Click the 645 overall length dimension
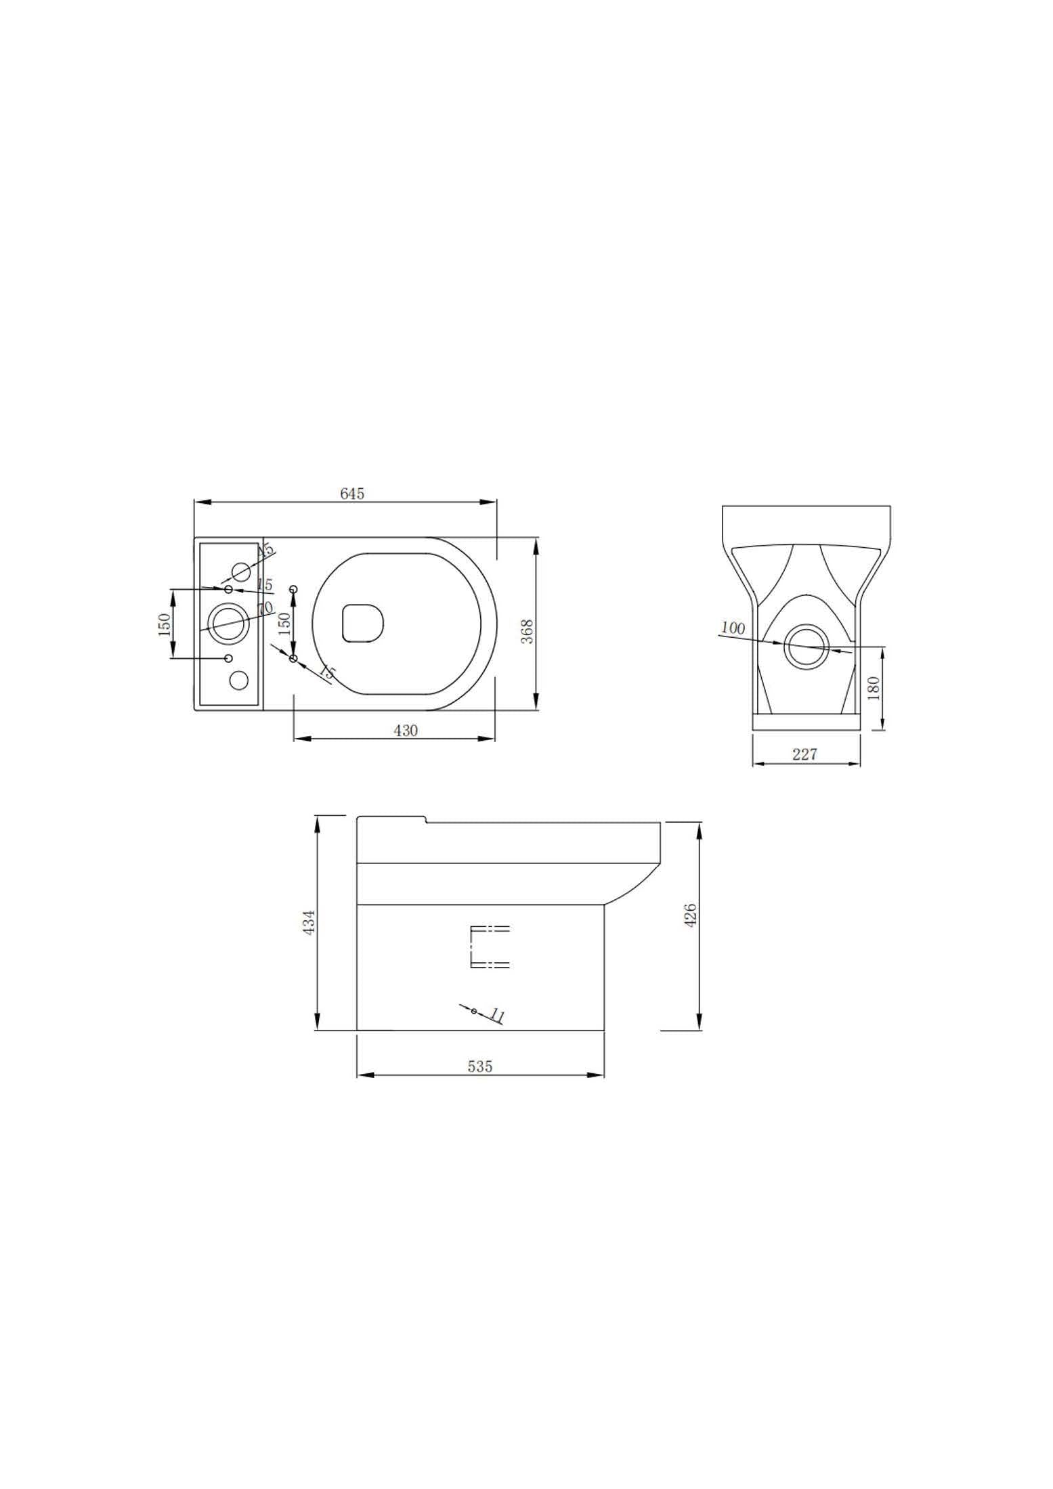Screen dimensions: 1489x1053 [x=351, y=494]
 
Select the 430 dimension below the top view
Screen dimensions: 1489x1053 [x=406, y=730]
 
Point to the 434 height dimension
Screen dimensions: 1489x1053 [x=309, y=922]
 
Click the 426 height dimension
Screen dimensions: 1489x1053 [x=691, y=915]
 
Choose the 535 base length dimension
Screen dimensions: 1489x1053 [x=479, y=1066]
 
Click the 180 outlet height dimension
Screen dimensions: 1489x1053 [x=874, y=688]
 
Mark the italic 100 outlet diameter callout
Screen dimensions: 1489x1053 [x=732, y=628]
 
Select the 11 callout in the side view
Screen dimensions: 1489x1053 [x=498, y=1016]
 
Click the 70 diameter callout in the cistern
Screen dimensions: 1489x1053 [x=265, y=608]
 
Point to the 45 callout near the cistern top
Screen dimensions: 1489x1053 [x=267, y=549]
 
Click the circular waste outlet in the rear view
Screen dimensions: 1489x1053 [x=805, y=647]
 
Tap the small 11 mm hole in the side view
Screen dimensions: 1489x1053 [x=474, y=1012]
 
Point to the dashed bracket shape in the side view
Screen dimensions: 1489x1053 [x=488, y=947]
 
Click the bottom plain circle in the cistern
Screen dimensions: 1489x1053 [x=239, y=681]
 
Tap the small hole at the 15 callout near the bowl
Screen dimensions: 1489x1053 [x=293, y=658]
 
